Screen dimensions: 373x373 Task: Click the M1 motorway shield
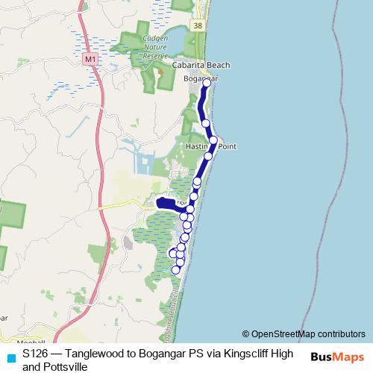coord(90,58)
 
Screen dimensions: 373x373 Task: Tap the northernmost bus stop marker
coord(207,83)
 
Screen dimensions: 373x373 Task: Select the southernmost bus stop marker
coord(176,269)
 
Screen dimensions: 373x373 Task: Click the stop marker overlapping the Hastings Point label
coord(213,140)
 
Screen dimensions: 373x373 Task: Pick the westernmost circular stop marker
coord(173,253)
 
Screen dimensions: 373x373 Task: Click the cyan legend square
coord(10,357)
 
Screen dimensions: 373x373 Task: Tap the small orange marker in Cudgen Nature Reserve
coord(159,72)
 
